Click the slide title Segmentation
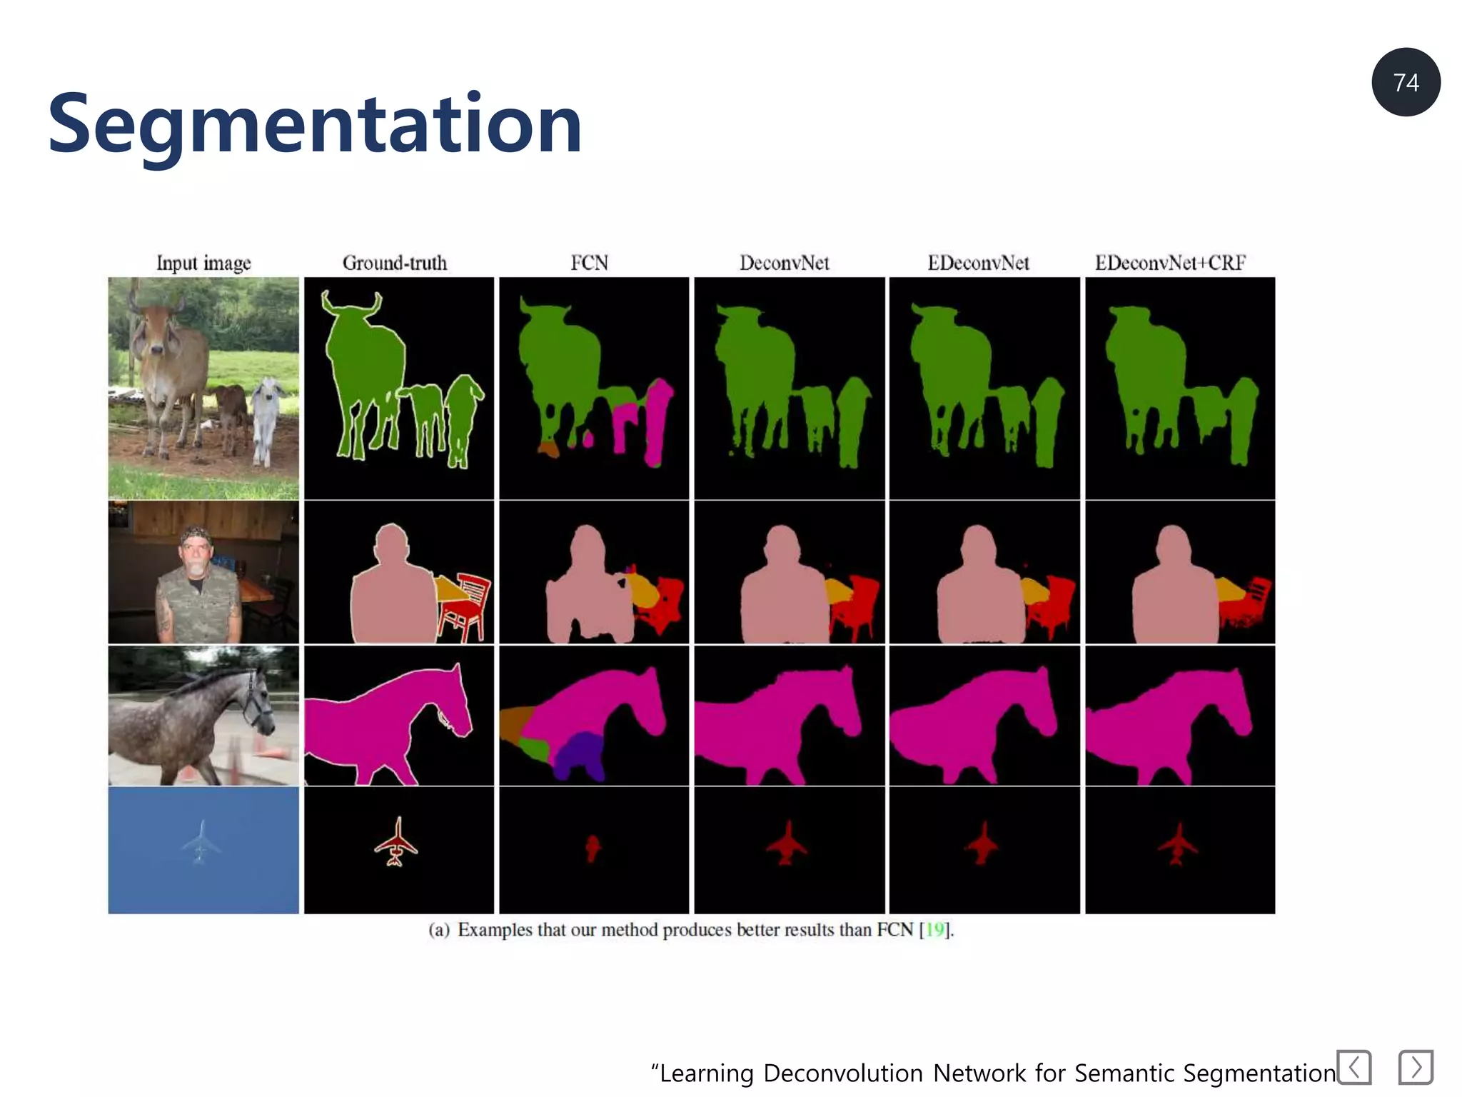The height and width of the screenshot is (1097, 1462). [314, 124]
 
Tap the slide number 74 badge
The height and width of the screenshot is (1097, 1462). [1406, 83]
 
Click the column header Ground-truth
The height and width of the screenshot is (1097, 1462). [395, 263]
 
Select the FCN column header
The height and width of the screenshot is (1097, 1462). [589, 263]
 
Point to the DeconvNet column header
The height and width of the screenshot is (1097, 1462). [784, 263]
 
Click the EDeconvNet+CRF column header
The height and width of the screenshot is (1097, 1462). [1170, 263]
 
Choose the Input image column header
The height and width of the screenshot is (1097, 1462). [203, 263]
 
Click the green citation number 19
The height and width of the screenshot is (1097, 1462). [934, 930]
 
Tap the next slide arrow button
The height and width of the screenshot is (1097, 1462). [1416, 1067]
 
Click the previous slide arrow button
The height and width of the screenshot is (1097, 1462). [1354, 1067]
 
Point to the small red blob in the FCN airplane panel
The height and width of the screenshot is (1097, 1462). [592, 848]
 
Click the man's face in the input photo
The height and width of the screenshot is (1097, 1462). [196, 553]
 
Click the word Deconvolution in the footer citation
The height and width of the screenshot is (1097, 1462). [843, 1073]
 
